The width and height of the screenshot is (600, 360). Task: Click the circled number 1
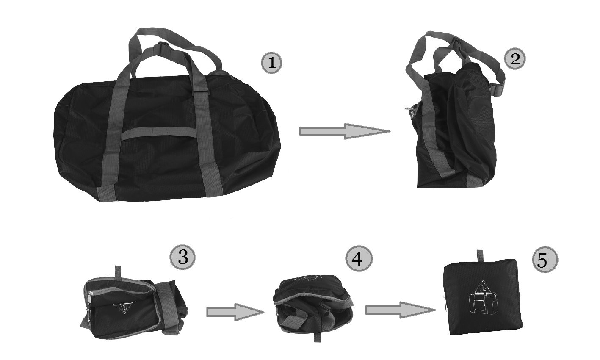click(x=271, y=63)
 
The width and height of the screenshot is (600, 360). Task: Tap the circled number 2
click(x=515, y=59)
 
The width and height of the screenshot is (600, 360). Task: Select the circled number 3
click(x=182, y=257)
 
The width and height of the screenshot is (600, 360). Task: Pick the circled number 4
click(x=359, y=259)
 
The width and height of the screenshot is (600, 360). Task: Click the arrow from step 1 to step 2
click(x=344, y=131)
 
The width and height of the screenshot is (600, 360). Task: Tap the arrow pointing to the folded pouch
click(x=400, y=310)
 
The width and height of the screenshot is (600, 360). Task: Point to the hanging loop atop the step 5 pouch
click(x=481, y=256)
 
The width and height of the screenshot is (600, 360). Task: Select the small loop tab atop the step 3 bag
click(x=118, y=272)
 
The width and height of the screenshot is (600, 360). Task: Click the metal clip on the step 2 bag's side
click(x=409, y=111)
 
